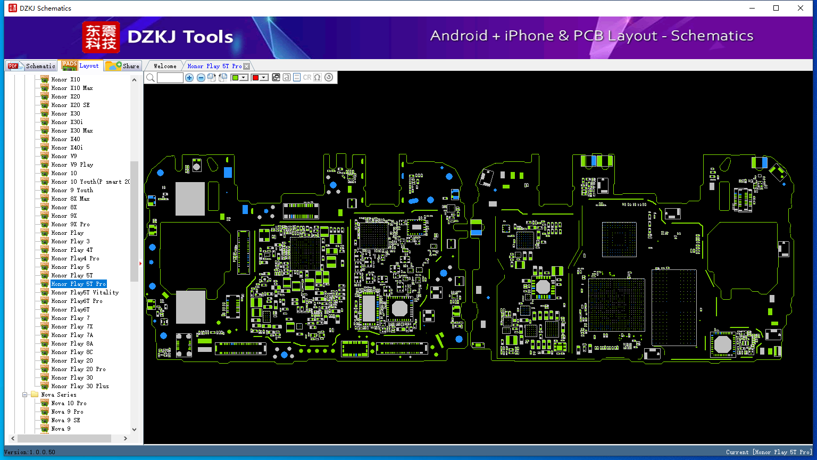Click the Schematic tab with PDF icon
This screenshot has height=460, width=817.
coord(31,66)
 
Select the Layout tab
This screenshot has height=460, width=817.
coord(81,65)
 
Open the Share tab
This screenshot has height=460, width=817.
coord(122,66)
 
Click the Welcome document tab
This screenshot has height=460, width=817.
coord(165,66)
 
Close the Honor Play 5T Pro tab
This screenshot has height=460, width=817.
coord(247,66)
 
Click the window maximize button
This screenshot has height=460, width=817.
coord(776,8)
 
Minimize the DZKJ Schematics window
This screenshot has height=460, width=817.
coord(752,8)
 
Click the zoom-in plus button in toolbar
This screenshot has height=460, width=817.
coord(189,77)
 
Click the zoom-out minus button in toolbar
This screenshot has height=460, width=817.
coord(201,77)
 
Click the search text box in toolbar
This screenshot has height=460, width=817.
coord(170,77)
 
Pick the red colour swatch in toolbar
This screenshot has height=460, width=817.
coord(255,77)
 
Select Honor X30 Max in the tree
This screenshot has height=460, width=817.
coord(72,130)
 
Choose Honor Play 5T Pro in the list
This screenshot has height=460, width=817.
coord(78,284)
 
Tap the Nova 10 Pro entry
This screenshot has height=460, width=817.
coord(69,403)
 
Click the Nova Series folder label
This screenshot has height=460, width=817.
coord(59,395)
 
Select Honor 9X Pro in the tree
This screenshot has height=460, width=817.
coord(70,224)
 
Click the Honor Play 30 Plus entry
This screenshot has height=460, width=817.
coord(80,386)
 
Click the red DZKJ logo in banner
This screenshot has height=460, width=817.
coord(101,37)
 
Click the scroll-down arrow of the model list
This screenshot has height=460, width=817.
coord(134,429)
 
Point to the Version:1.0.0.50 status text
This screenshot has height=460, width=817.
coord(30,452)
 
